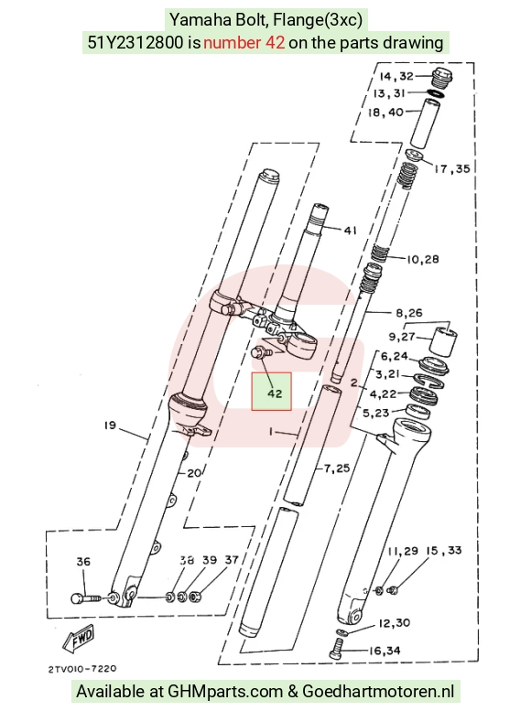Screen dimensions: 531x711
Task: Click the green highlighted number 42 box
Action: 271,392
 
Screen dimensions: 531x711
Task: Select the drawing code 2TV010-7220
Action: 82,669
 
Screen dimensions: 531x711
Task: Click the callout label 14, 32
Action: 396,76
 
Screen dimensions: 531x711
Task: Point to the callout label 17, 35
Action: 451,169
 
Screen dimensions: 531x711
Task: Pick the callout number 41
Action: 350,231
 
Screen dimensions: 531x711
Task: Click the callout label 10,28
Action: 423,259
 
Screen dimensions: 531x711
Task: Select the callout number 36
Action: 83,562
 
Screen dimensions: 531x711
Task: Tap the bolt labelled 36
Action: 87,598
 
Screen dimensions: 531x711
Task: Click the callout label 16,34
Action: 385,652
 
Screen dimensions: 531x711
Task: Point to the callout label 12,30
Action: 394,623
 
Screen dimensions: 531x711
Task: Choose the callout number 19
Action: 110,426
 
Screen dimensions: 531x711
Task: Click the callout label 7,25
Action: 337,468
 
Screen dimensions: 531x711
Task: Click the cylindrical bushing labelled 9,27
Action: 443,341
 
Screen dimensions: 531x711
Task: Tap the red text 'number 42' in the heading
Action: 244,42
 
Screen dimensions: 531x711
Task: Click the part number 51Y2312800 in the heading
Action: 135,42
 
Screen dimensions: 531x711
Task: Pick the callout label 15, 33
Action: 443,551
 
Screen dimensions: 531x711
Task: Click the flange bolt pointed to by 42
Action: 262,352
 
